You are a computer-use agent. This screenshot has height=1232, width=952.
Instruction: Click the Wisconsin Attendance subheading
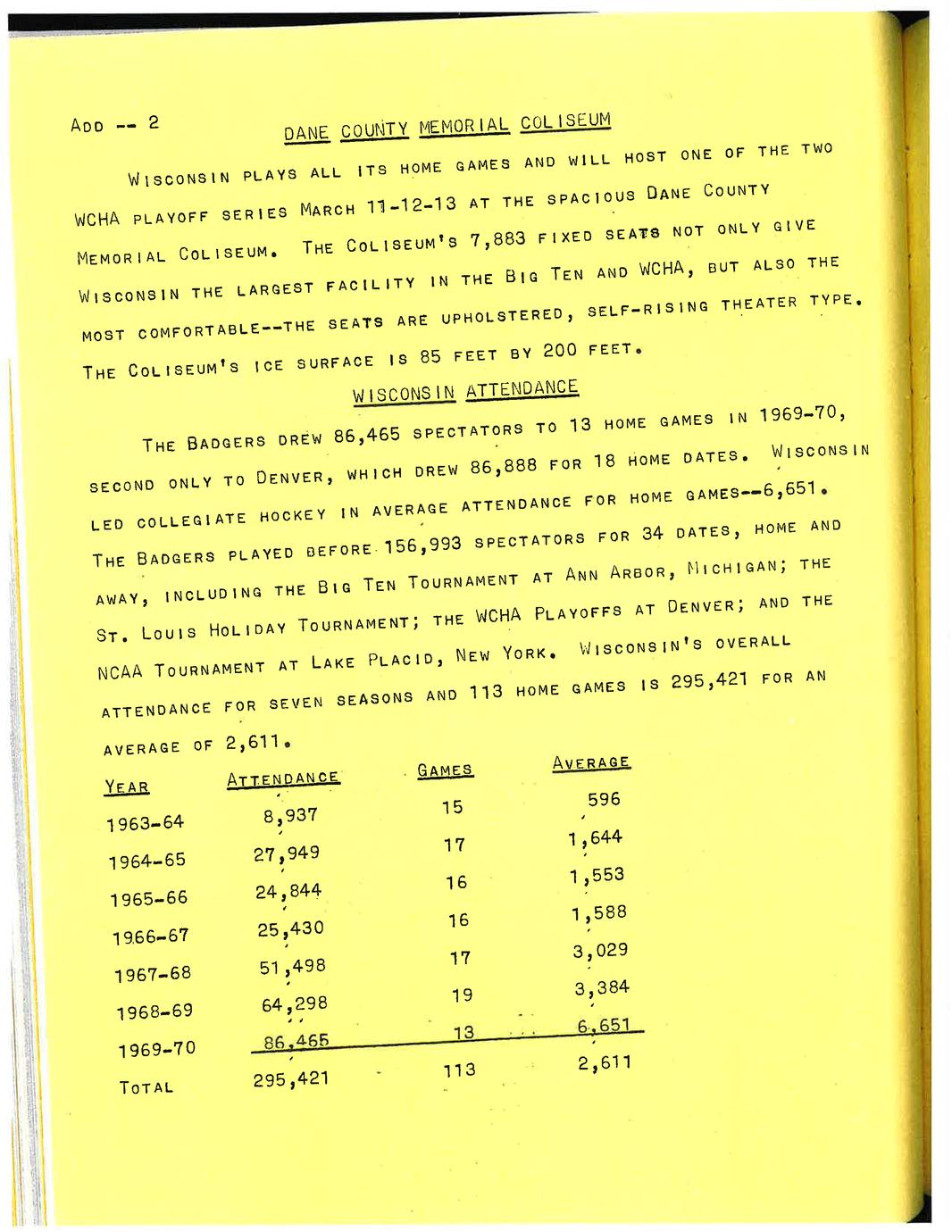(x=465, y=391)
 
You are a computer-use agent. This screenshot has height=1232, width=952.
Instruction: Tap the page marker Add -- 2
(x=114, y=124)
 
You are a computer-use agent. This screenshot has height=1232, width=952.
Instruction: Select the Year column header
(x=127, y=787)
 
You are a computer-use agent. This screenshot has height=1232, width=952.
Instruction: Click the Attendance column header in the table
(x=282, y=778)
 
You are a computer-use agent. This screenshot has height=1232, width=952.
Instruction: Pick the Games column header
(x=445, y=770)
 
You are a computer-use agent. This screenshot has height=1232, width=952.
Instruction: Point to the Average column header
(x=591, y=762)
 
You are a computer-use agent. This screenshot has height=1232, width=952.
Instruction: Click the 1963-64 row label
(x=145, y=822)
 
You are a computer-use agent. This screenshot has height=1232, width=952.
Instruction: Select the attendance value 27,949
(x=286, y=853)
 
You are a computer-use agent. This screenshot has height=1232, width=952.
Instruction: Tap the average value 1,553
(x=597, y=876)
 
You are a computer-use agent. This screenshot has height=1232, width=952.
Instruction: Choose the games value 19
(x=462, y=995)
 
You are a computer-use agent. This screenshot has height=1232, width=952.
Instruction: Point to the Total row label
(x=146, y=1087)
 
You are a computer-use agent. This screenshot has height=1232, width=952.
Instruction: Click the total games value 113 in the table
(x=459, y=1070)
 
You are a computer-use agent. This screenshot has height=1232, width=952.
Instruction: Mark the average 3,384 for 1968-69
(x=601, y=988)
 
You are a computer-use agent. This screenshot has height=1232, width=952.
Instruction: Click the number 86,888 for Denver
(x=503, y=465)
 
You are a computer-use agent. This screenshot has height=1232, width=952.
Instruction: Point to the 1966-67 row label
(x=151, y=936)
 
